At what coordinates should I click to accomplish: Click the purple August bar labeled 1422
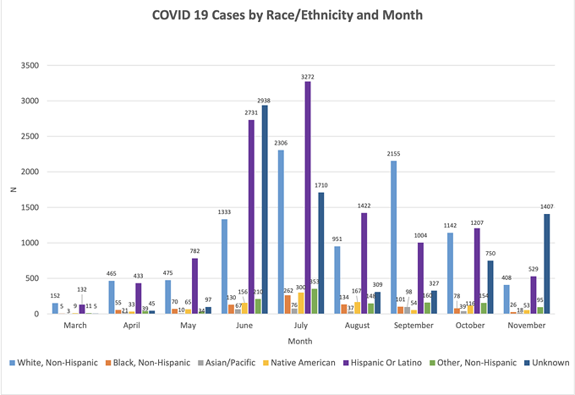364,263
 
